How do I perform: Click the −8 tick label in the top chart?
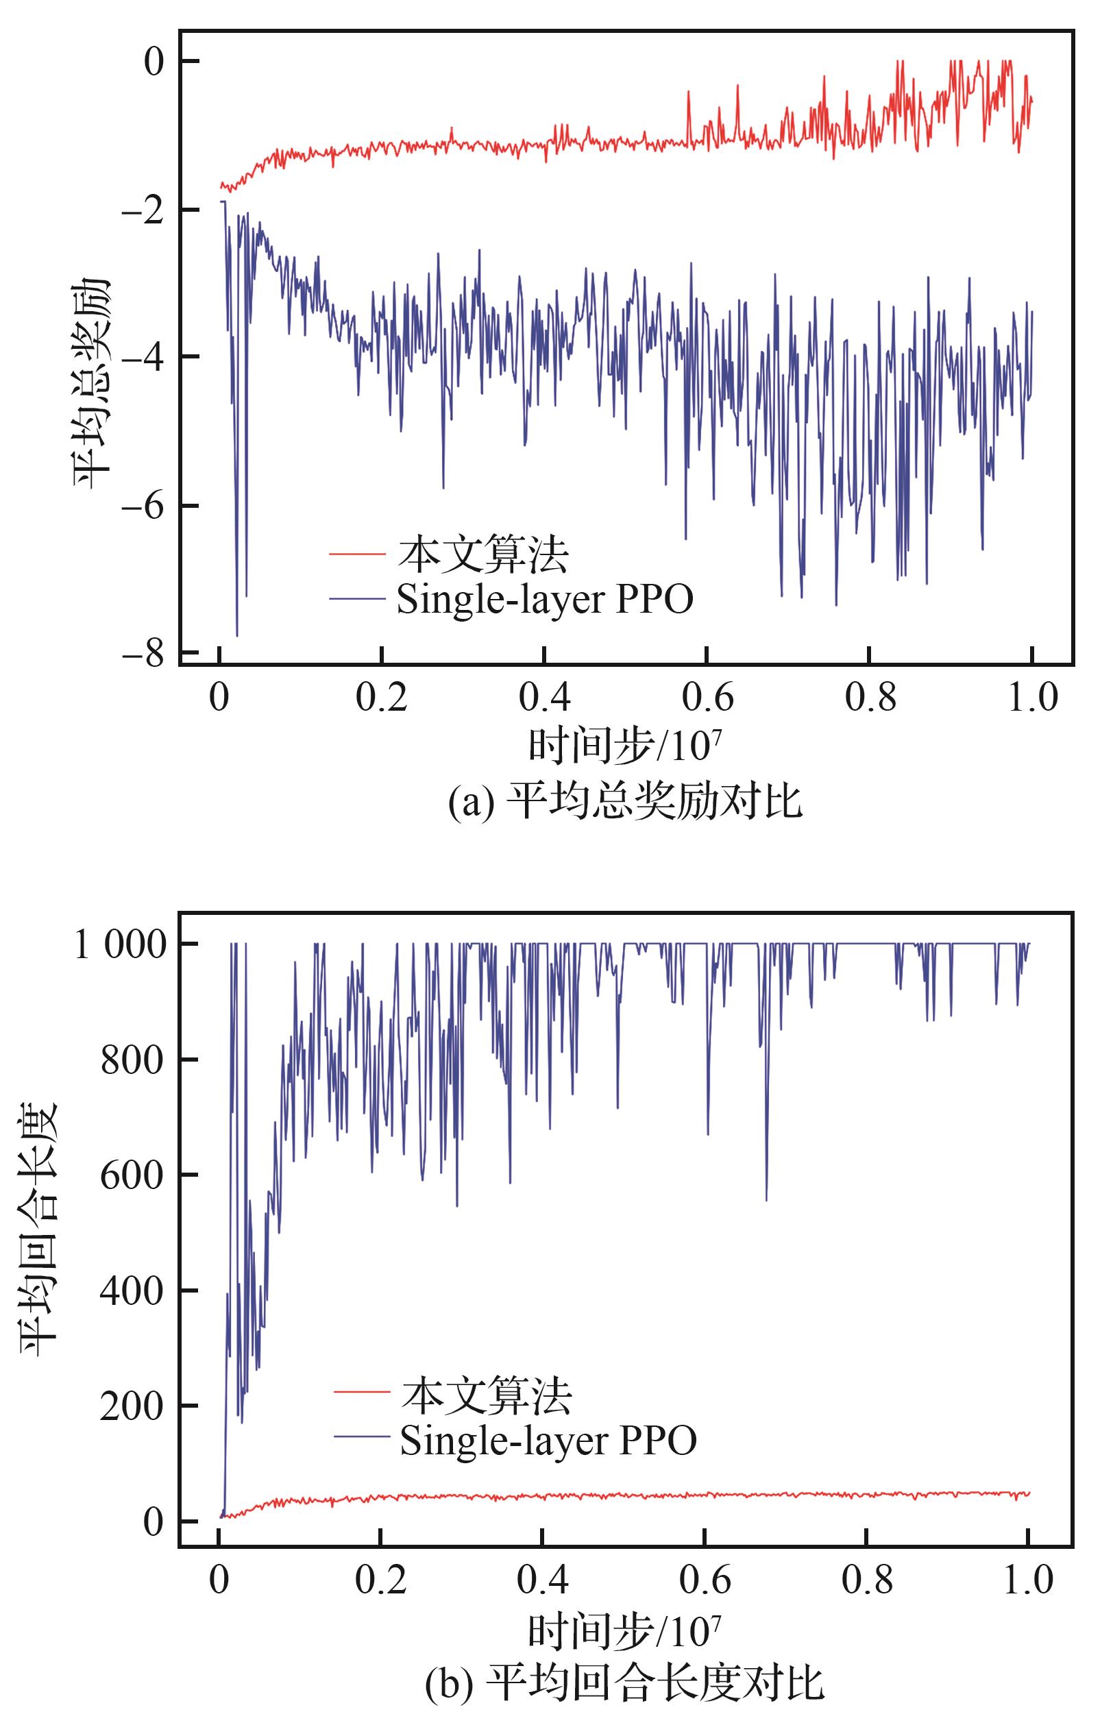(x=143, y=654)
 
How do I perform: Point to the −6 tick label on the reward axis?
(x=143, y=506)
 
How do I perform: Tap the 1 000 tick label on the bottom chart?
(x=121, y=945)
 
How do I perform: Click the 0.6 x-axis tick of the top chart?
(x=707, y=698)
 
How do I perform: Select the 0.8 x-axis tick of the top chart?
(x=870, y=698)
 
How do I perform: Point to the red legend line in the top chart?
(x=356, y=554)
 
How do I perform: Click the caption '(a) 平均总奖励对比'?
(x=624, y=802)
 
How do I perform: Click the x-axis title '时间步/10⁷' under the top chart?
(x=624, y=746)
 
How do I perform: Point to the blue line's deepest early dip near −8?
(x=236, y=635)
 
